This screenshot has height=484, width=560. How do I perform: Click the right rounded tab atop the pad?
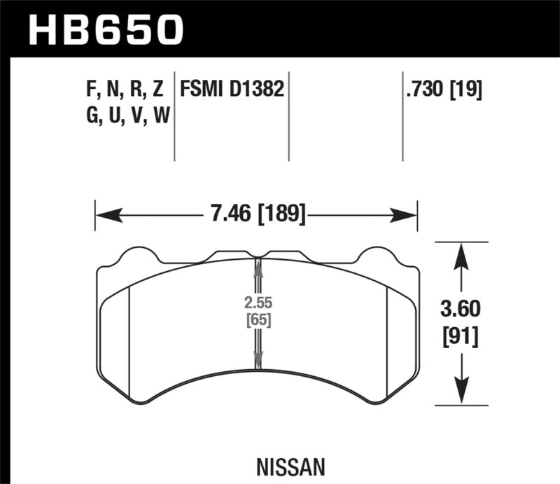click(x=382, y=254)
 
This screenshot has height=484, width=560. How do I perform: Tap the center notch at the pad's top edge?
click(x=258, y=255)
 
